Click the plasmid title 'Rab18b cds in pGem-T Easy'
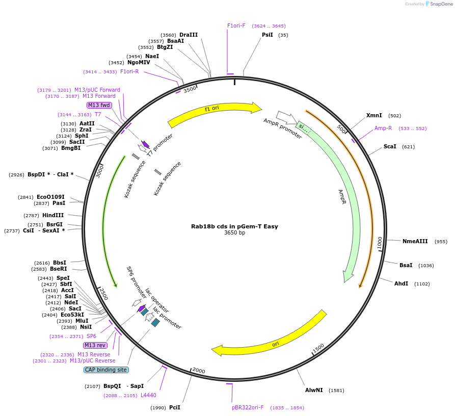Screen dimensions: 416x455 click(234, 226)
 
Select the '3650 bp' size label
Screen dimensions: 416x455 click(234, 233)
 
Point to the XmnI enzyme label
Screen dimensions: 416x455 click(374, 116)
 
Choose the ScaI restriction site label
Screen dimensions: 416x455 click(390, 147)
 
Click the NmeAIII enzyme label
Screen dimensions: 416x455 click(415, 242)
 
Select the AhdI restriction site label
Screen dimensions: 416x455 click(401, 283)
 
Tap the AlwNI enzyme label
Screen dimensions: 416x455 click(314, 391)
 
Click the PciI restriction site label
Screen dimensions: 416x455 click(175, 407)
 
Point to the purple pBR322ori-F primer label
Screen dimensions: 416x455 click(248, 407)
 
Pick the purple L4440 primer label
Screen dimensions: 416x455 click(148, 395)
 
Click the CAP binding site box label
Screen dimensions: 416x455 click(106, 370)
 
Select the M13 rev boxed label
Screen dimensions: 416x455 click(95, 345)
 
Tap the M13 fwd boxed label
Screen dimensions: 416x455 click(99, 105)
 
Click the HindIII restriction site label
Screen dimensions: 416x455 click(53, 215)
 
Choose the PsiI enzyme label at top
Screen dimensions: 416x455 click(267, 35)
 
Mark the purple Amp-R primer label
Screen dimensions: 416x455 click(383, 128)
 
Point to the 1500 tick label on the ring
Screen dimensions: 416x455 click(318, 348)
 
